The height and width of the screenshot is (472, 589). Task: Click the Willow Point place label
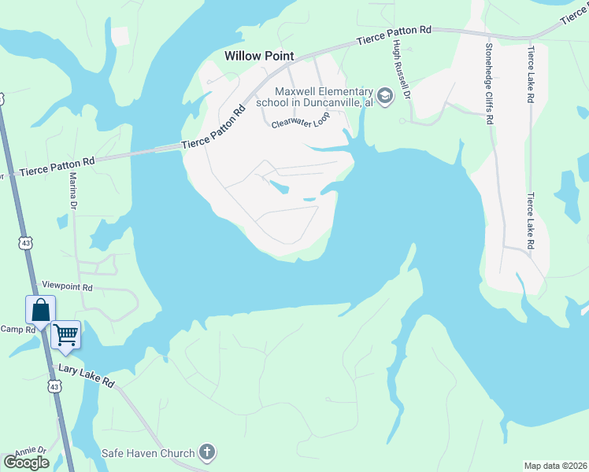(x=259, y=56)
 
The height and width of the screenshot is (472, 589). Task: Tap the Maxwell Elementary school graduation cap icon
(x=385, y=97)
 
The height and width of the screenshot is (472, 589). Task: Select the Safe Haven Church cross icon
(x=206, y=452)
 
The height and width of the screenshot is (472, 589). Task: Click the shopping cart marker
(x=65, y=334)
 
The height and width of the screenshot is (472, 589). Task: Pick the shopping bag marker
(x=40, y=310)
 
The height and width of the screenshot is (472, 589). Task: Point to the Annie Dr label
(x=30, y=451)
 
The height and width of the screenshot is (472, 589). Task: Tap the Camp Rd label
(x=18, y=330)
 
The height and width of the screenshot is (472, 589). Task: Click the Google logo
(x=26, y=462)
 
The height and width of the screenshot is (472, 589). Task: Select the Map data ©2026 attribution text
(x=555, y=466)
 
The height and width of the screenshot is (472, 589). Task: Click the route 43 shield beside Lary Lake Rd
(x=54, y=386)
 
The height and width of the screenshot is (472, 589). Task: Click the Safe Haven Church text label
(x=148, y=453)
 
